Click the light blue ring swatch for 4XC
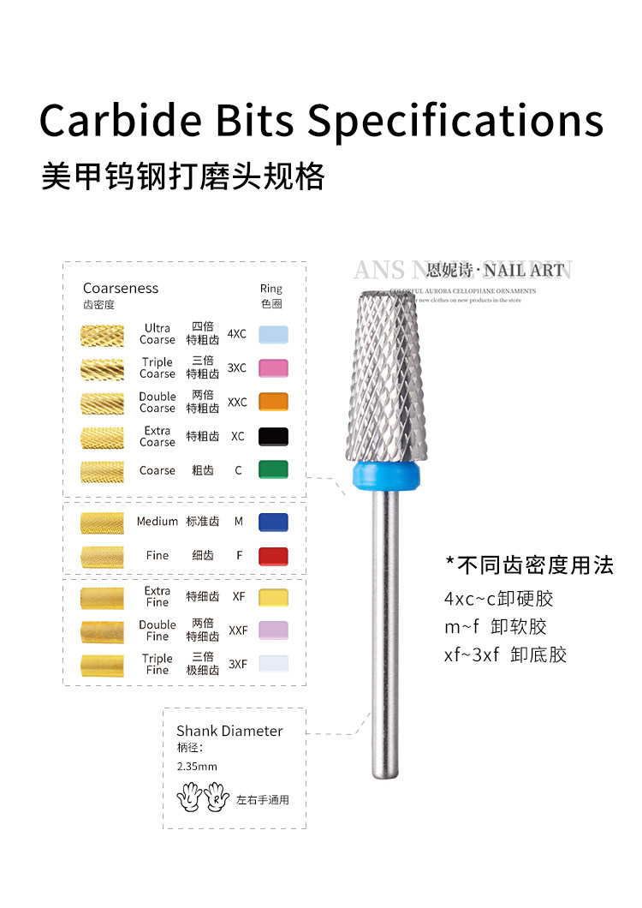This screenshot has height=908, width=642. (273, 334)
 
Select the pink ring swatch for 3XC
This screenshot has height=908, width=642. (273, 368)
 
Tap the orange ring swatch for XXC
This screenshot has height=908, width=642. (273, 402)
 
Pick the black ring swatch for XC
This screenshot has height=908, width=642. (273, 436)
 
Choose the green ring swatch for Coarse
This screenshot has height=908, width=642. (273, 469)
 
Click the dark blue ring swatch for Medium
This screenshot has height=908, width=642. (273, 522)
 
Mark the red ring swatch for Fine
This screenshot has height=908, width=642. (273, 556)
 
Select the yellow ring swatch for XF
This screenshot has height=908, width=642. (273, 597)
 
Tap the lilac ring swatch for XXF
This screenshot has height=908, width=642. (273, 630)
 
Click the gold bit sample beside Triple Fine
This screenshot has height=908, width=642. (102, 665)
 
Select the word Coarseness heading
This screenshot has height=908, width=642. (121, 289)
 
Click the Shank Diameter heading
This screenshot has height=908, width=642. (229, 731)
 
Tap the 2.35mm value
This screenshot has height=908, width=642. (197, 767)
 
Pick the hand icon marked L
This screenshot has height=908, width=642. (187, 797)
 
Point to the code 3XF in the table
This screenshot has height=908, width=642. (238, 664)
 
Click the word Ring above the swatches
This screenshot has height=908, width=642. (271, 289)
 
